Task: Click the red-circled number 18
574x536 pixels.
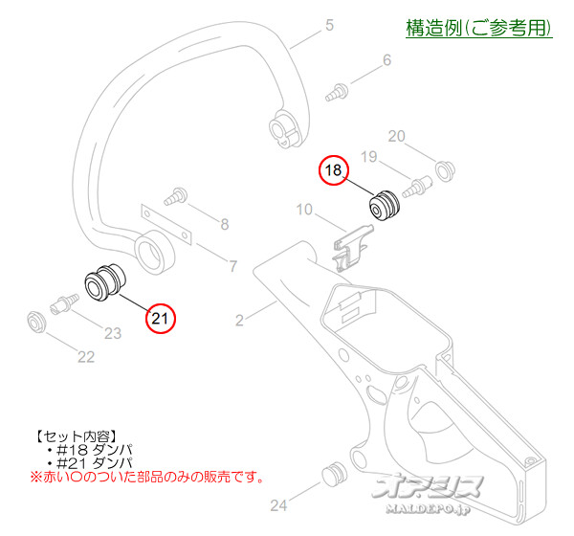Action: [x=333, y=170]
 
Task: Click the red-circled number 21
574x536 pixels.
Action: [x=161, y=318]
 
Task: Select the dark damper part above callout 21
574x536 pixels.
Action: [x=102, y=278]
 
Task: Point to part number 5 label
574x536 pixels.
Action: [x=329, y=25]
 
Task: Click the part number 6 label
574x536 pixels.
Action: [x=386, y=61]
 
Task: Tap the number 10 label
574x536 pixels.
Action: [x=304, y=210]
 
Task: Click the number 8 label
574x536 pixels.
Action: [x=225, y=225]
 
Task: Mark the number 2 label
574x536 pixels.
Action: [x=240, y=314]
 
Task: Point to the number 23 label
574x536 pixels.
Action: [x=114, y=333]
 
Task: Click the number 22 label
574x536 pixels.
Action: [x=86, y=357]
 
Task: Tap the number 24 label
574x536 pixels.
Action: [x=278, y=504]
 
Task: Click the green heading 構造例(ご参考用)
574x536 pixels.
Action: [x=478, y=29]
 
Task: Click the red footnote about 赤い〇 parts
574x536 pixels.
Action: [x=146, y=476]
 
